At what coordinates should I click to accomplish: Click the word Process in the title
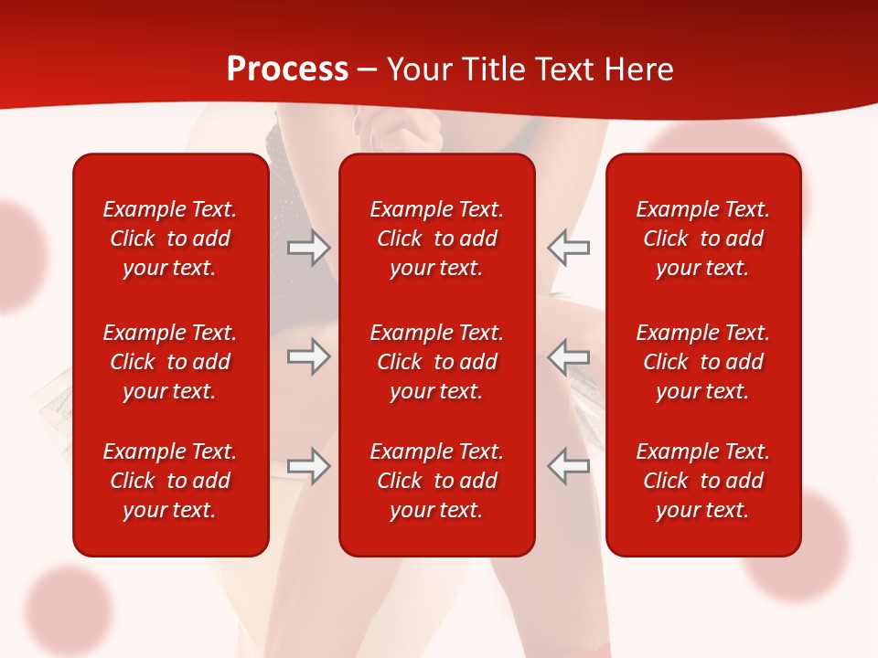[287, 69]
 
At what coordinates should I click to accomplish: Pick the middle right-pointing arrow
[308, 356]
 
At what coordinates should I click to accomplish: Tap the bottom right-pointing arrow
[308, 465]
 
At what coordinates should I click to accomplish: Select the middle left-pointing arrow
[569, 356]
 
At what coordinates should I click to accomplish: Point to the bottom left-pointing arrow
[569, 465]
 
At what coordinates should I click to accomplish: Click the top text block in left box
[170, 239]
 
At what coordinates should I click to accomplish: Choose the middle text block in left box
[170, 362]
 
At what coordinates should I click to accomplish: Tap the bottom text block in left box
[170, 481]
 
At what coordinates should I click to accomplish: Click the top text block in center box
[437, 239]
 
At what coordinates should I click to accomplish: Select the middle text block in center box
[437, 362]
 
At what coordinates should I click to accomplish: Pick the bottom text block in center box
[437, 481]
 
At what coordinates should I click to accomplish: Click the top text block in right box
[703, 239]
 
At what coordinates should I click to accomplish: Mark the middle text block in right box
[703, 362]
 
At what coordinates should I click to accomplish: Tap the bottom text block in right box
[703, 481]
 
